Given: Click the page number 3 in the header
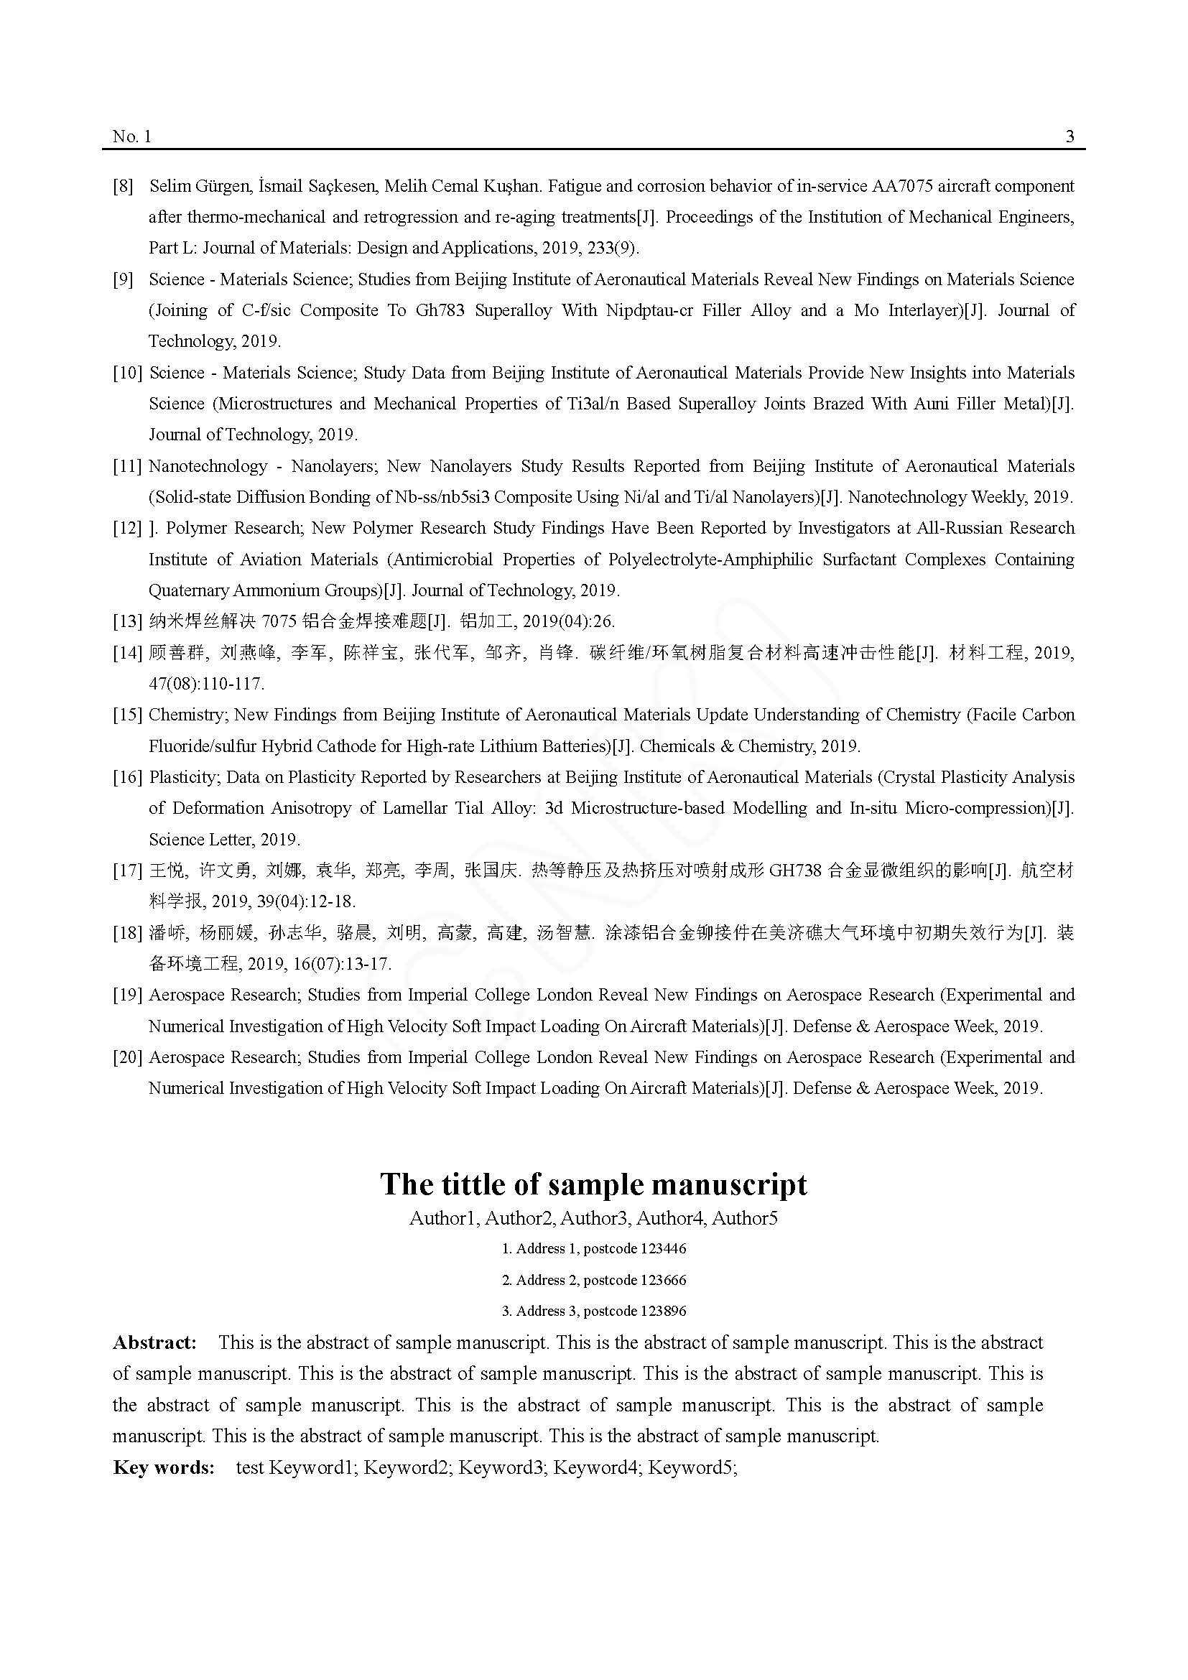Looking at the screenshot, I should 1069,136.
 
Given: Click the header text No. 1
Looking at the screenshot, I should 131,136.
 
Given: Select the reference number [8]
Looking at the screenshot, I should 123,186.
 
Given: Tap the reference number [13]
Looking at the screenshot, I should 127,622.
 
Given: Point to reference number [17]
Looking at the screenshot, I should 127,871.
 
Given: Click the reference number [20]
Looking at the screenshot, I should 127,1057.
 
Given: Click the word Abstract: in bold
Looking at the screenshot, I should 154,1342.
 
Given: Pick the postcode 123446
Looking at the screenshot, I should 663,1249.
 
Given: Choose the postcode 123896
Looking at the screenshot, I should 663,1312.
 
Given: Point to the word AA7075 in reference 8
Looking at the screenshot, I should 902,186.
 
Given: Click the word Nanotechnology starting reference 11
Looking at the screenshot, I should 208,466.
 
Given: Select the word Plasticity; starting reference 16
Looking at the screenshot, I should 185,777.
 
